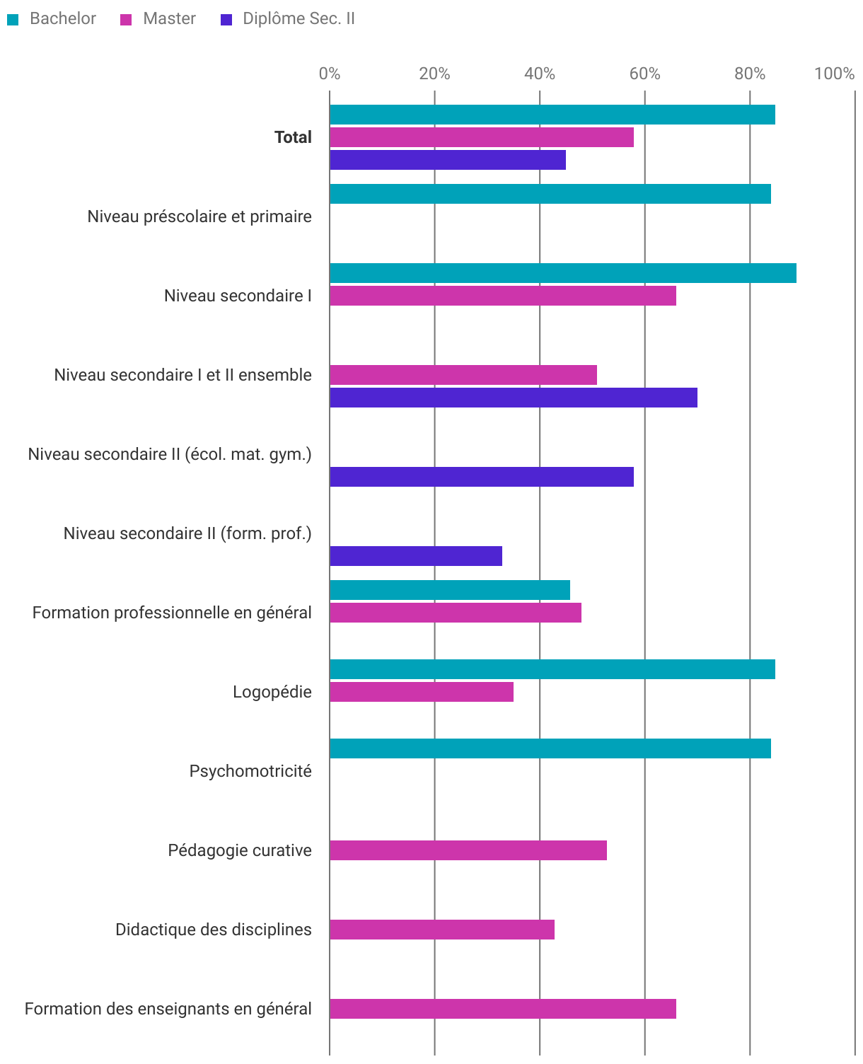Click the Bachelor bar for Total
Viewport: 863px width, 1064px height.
pos(552,115)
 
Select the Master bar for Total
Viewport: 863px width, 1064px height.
pos(481,137)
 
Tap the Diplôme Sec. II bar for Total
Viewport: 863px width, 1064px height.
pos(447,160)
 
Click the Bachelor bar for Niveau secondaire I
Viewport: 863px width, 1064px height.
pos(562,273)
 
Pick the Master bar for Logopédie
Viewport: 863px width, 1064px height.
pos(421,692)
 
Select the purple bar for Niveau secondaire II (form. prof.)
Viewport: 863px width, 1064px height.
pos(415,556)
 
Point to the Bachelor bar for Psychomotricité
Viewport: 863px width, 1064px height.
pos(550,748)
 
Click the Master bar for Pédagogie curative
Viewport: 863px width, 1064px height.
pos(468,850)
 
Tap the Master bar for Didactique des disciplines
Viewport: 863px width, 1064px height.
pos(441,930)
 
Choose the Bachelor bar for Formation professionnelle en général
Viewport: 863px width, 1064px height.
pos(449,590)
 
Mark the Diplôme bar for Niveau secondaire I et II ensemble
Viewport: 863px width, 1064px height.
pos(513,398)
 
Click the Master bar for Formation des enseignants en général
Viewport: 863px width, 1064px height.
pos(502,1009)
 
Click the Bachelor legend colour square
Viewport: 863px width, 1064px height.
pos(13,20)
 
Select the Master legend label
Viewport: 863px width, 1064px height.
pos(169,19)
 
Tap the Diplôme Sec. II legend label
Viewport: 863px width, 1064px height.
pos(299,19)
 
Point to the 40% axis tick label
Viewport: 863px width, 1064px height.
pos(539,74)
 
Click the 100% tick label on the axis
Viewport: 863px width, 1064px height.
pos(834,74)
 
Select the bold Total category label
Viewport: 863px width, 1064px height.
pos(293,137)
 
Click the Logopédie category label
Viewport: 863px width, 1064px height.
pos(272,692)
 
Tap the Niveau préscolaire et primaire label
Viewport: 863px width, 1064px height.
pos(199,216)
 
